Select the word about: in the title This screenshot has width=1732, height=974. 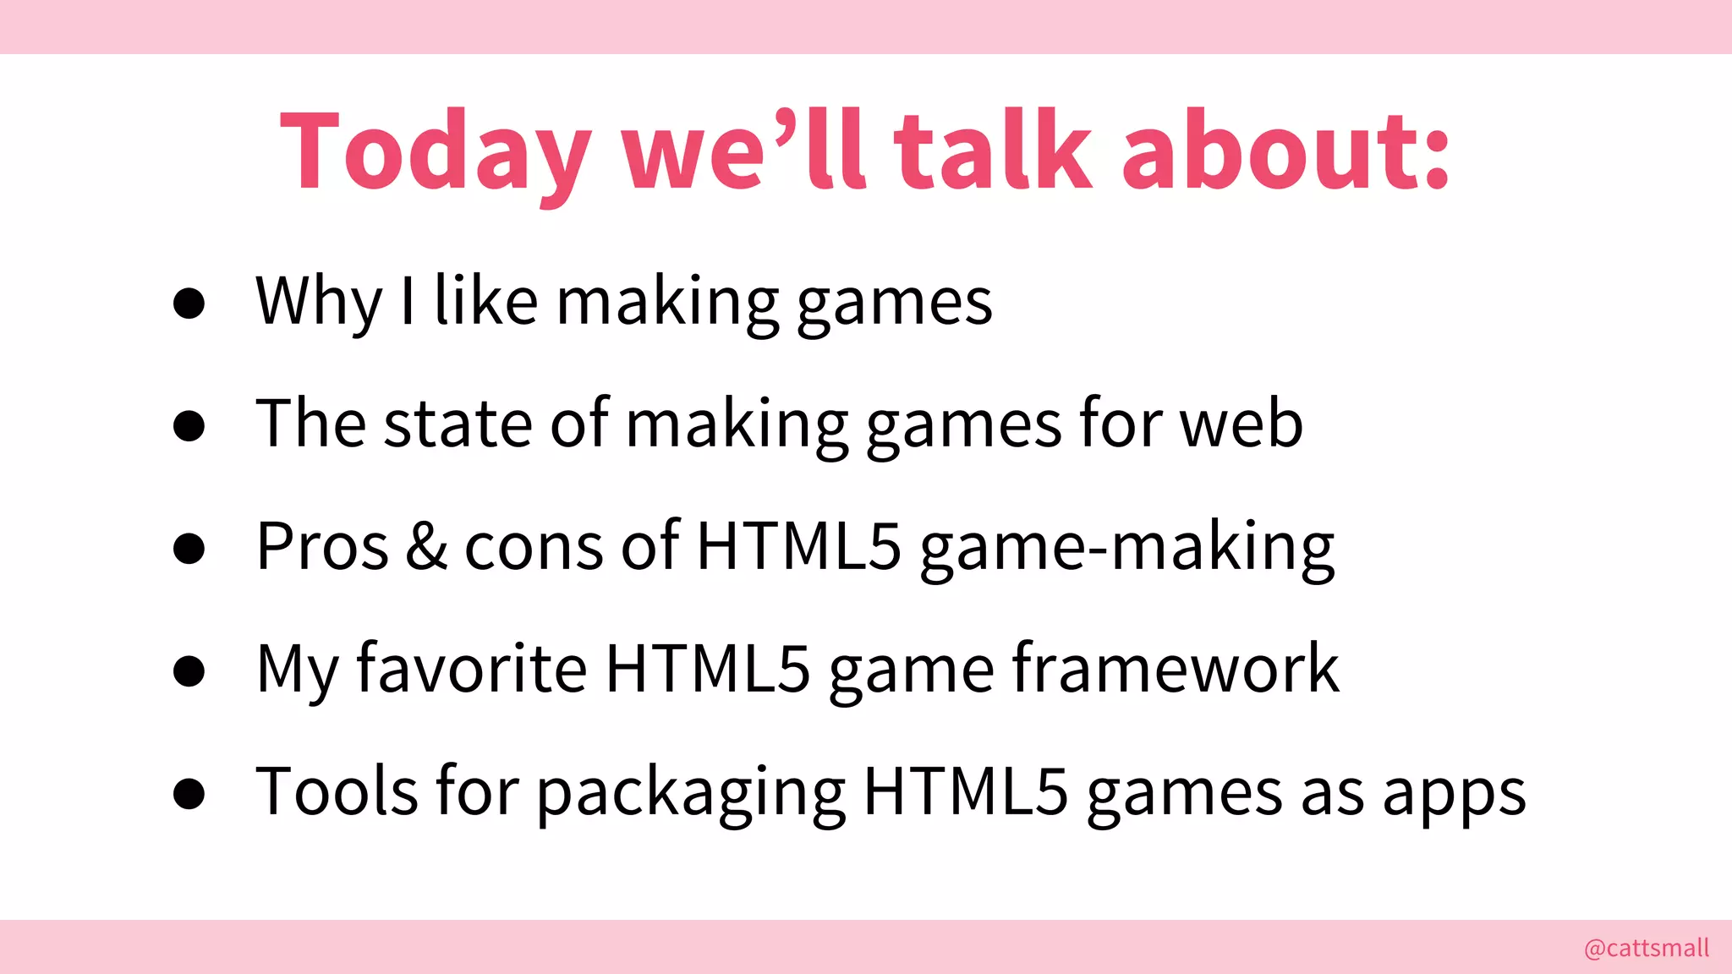[1285, 152]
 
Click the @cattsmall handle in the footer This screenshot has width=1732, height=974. [1646, 948]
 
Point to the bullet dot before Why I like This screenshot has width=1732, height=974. [189, 303]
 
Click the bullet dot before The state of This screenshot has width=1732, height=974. [189, 425]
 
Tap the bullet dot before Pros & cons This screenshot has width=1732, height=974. [189, 548]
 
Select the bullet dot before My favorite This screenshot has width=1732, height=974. [189, 670]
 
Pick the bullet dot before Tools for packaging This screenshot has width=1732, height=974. [189, 793]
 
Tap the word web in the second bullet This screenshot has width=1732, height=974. [1241, 424]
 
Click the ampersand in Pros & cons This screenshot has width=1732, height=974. [426, 547]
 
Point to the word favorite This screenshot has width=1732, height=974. [471, 669]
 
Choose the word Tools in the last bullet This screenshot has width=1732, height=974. [337, 791]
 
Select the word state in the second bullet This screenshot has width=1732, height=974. [458, 424]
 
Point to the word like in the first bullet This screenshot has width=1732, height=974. [485, 301]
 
